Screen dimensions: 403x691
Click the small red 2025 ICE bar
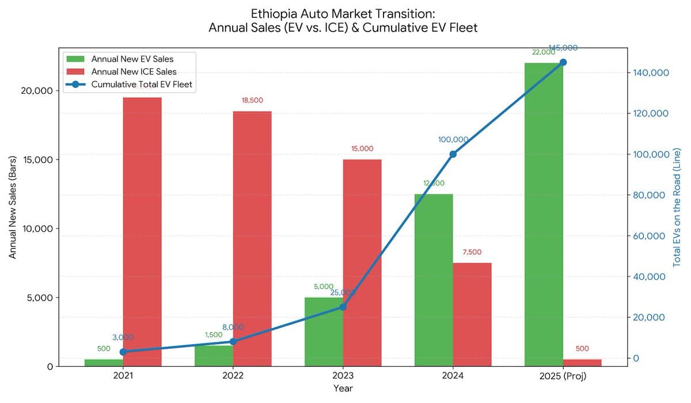pyautogui.click(x=582, y=362)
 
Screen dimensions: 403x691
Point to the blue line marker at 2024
pyautogui.click(x=453, y=154)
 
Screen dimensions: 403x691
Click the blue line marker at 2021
pyautogui.click(x=123, y=352)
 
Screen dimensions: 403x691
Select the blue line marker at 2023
pyautogui.click(x=343, y=307)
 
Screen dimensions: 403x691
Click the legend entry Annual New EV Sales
pyautogui.click(x=136, y=59)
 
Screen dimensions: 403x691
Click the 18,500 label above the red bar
pyautogui.click(x=252, y=100)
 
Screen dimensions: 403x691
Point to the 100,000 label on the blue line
pyautogui.click(x=453, y=139)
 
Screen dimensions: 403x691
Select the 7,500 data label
pyautogui.click(x=472, y=252)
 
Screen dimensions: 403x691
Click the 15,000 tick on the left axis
pyautogui.click(x=37, y=159)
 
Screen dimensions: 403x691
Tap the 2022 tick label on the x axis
pyautogui.click(x=233, y=376)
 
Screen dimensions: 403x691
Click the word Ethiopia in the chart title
pyautogui.click(x=274, y=13)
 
